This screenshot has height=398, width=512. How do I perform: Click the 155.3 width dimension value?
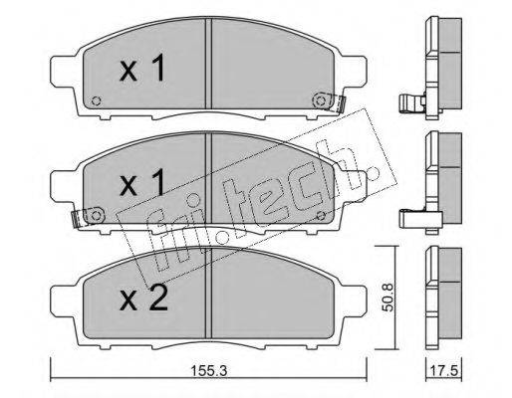pyautogui.click(x=209, y=370)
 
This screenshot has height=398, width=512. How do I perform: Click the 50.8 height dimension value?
pyautogui.click(x=387, y=298)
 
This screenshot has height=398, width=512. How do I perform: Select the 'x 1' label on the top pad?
pyautogui.click(x=142, y=68)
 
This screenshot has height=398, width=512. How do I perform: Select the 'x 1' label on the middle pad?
pyautogui.click(x=142, y=182)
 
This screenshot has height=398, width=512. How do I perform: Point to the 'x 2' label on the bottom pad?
pyautogui.click(x=143, y=298)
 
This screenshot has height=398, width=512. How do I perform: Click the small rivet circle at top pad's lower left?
pyautogui.click(x=97, y=100)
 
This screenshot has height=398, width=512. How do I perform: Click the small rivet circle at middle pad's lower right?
pyautogui.click(x=321, y=216)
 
